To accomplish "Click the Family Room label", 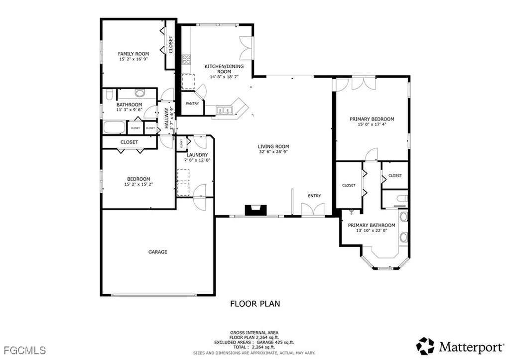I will (133, 54).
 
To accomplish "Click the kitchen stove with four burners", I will (187, 60).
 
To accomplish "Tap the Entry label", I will (314, 196).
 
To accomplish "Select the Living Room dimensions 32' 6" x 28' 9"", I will (273, 152).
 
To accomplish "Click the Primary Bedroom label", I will (372, 119).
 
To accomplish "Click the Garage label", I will (157, 252).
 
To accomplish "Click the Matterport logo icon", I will (426, 346).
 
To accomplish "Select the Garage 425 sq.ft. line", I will (255, 343).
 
